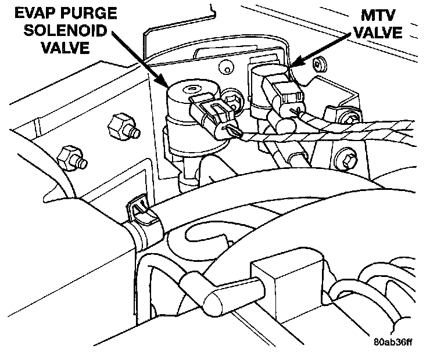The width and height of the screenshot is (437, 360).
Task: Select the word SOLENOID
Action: [69, 30]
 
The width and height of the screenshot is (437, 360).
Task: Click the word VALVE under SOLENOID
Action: [66, 48]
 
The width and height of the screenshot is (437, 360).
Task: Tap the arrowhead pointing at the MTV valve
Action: [293, 65]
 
